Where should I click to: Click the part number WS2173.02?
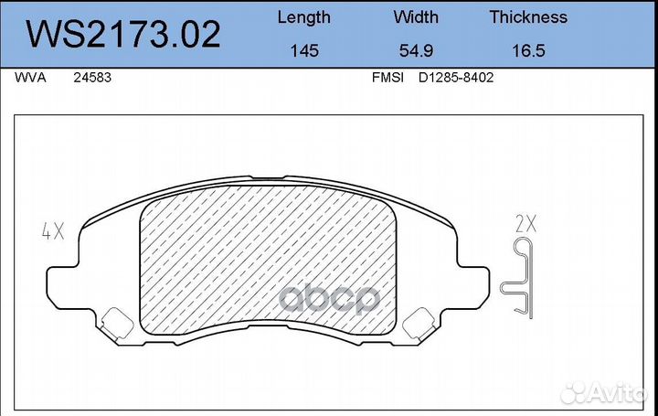122,34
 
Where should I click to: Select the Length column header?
303,17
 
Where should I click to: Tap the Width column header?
416,17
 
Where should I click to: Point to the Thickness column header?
528,17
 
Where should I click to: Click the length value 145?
303,51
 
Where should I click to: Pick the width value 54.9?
416,51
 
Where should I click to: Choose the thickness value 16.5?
528,51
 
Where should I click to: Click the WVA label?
28,79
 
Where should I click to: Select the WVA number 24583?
92,79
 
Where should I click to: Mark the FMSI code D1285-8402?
456,79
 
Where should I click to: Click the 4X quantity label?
53,231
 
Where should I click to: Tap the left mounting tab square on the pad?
116,322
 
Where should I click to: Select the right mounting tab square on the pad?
420,322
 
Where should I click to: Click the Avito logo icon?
575,392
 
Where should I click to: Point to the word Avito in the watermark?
621,393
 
